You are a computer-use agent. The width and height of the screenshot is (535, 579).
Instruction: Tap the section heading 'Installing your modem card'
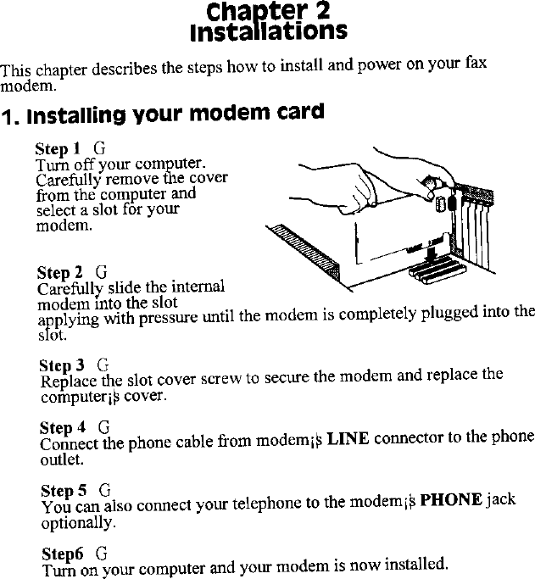click(162, 112)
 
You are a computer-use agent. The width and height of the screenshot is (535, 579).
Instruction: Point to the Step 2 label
click(59, 273)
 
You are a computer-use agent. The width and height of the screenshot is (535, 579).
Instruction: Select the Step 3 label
click(62, 366)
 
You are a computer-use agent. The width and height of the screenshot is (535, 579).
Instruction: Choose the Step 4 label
click(62, 427)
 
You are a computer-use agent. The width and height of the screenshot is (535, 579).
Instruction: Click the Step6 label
click(62, 553)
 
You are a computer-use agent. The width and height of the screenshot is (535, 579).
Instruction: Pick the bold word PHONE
click(452, 499)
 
